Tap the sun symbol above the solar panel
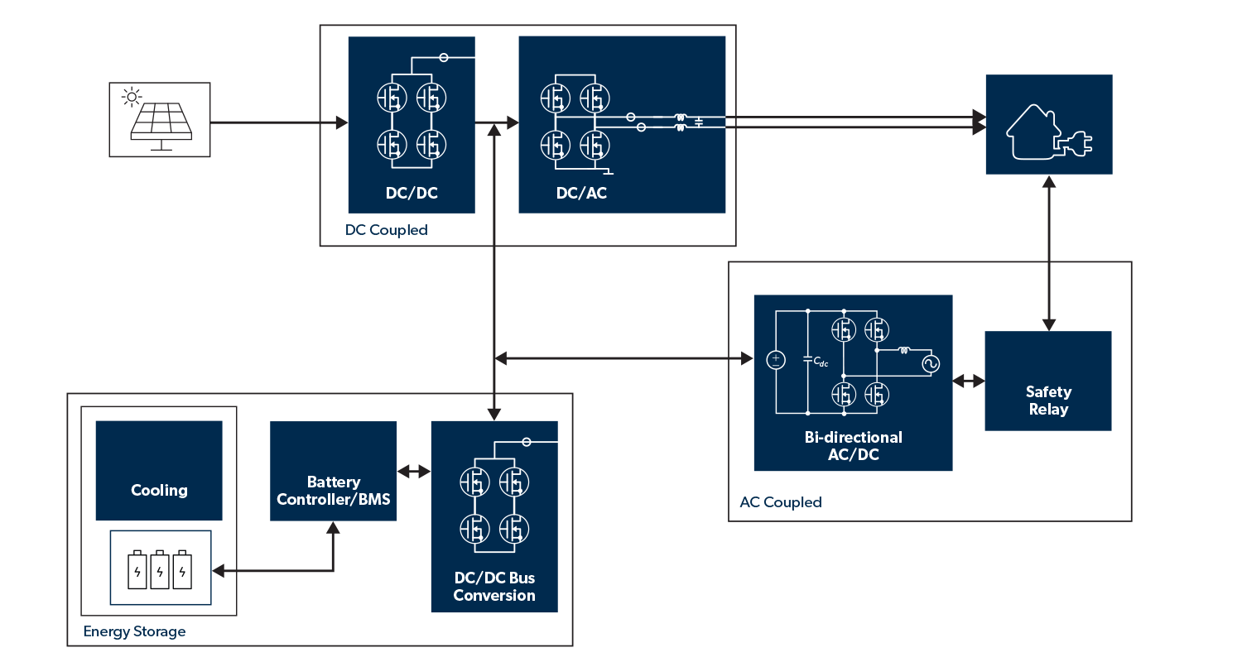[x=131, y=98]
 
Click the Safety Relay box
[x=1047, y=381]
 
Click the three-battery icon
[x=160, y=570]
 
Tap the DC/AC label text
[x=581, y=194]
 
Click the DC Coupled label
[x=386, y=230]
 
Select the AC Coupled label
[x=780, y=502]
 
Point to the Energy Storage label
[x=134, y=632]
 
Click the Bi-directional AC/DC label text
[x=853, y=446]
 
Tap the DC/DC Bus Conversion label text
[x=494, y=587]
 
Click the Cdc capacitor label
[x=821, y=362]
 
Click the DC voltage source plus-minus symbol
[x=776, y=360]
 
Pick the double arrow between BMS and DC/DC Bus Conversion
[x=414, y=472]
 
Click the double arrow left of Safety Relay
[x=969, y=381]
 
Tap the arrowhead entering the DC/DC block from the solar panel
[x=341, y=123]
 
